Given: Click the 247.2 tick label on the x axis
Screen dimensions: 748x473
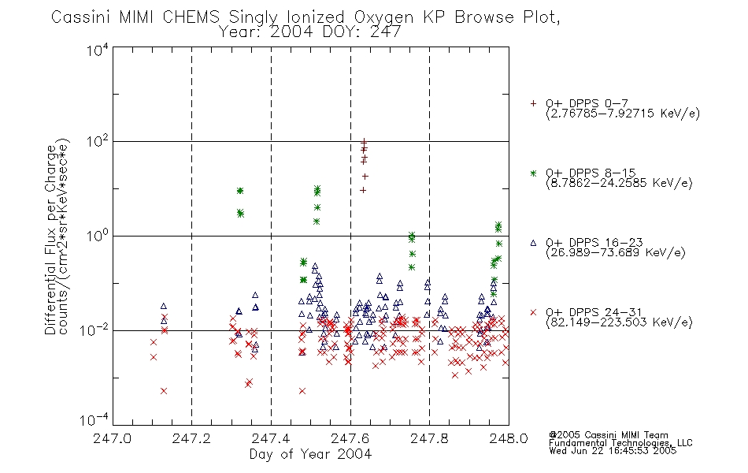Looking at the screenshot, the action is point(191,438).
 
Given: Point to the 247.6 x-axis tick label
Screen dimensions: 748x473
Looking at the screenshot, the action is point(350,438).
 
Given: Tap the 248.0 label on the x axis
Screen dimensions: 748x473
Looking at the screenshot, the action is point(509,438).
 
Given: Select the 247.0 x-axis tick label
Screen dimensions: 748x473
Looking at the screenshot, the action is point(112,438).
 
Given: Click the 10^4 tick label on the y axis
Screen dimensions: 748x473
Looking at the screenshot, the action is point(98,50).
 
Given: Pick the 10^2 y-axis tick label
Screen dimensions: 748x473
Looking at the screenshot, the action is point(98,141).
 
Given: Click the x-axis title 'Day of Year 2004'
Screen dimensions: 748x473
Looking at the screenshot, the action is point(310,454).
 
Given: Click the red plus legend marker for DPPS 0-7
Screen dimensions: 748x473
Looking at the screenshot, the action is point(533,103).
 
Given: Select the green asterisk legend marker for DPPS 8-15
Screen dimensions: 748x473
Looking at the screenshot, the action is point(533,173).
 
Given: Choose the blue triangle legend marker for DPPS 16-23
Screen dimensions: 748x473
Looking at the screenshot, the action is point(533,243).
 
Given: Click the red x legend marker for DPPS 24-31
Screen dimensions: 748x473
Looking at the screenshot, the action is point(533,312).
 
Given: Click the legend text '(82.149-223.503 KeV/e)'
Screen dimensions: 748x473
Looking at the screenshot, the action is point(619,322).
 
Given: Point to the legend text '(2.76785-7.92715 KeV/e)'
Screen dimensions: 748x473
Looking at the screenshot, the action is point(623,114).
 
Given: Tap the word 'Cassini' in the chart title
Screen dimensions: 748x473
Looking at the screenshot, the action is point(80,17).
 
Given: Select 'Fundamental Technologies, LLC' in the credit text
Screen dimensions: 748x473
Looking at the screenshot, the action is point(620,443).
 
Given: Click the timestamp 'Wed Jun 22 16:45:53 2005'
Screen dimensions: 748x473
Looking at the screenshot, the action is point(613,451).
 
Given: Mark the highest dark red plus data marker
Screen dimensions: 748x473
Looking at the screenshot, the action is point(364,141).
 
